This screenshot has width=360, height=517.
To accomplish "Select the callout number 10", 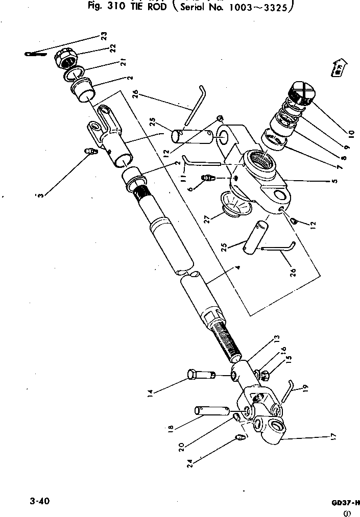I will point(350,134).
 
